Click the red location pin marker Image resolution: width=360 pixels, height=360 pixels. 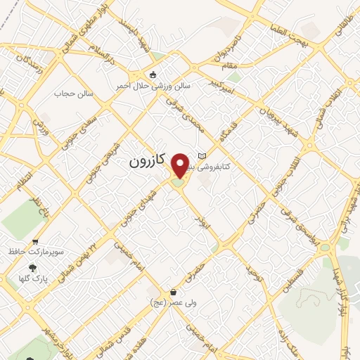click(x=180, y=165)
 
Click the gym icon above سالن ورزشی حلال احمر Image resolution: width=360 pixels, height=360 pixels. click(x=153, y=75)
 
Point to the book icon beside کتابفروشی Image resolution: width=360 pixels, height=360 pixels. click(x=203, y=156)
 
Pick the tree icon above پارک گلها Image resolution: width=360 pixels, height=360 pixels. click(x=32, y=268)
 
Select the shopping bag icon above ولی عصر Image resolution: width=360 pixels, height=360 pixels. click(x=173, y=292)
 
